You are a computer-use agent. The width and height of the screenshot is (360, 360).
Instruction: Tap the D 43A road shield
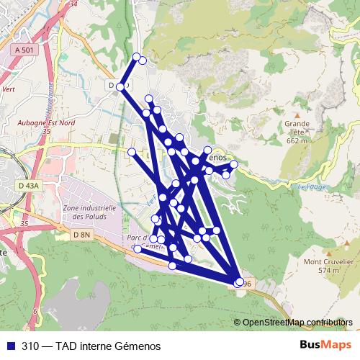point(29,185)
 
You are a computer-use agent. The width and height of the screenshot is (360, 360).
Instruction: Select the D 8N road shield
point(81,235)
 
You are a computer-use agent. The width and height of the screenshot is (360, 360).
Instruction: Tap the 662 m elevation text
point(297,141)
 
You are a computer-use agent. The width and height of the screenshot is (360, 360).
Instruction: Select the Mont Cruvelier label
point(328,261)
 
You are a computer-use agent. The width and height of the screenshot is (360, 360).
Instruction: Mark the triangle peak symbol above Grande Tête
point(297,114)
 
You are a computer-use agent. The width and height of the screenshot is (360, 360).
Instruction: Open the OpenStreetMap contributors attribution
point(297,322)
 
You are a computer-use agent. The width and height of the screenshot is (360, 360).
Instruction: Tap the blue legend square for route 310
point(11,346)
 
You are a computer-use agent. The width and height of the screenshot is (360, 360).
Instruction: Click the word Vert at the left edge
point(9,90)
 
